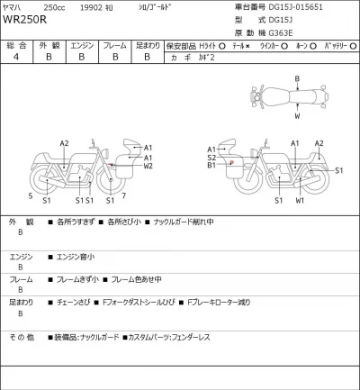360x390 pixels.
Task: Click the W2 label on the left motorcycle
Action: tap(148, 167)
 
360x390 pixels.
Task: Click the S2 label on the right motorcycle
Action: tap(211, 158)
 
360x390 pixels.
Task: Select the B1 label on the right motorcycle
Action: tap(211, 167)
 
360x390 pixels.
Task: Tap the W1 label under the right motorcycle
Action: tap(300, 200)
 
